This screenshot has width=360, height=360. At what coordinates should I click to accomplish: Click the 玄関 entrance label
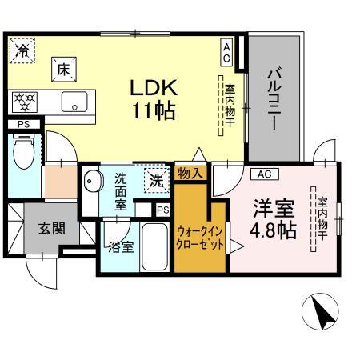54,228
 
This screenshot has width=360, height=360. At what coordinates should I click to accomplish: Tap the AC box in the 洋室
266,174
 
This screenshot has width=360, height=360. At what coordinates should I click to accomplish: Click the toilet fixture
24,150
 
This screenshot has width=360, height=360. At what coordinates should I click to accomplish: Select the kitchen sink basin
78,102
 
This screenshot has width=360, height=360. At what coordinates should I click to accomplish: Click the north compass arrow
322,312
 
